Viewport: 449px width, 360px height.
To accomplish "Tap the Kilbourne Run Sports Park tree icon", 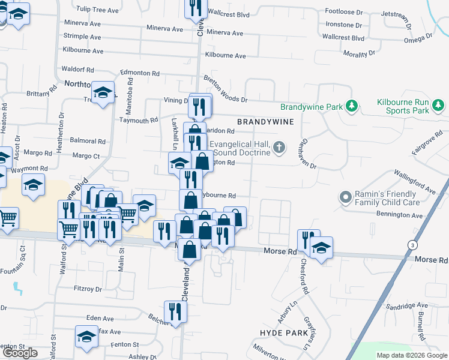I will (439, 106).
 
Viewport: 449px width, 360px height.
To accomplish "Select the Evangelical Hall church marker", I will (279, 148).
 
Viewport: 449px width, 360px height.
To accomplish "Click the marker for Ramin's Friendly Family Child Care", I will (345, 197).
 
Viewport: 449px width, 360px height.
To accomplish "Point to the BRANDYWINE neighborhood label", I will (265, 122).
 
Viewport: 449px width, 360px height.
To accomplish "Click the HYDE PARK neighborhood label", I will (284, 332).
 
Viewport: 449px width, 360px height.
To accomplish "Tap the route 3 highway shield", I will (412, 245).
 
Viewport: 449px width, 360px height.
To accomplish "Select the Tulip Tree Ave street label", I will (98, 10).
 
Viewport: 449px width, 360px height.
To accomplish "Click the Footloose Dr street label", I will (344, 11).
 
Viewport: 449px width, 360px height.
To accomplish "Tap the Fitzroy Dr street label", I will (88, 289).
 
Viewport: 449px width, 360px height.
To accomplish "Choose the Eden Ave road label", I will (100, 319).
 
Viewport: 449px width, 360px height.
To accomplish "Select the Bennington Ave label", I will (400, 215).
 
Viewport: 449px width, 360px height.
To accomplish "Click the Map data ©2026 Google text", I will (412, 355).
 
